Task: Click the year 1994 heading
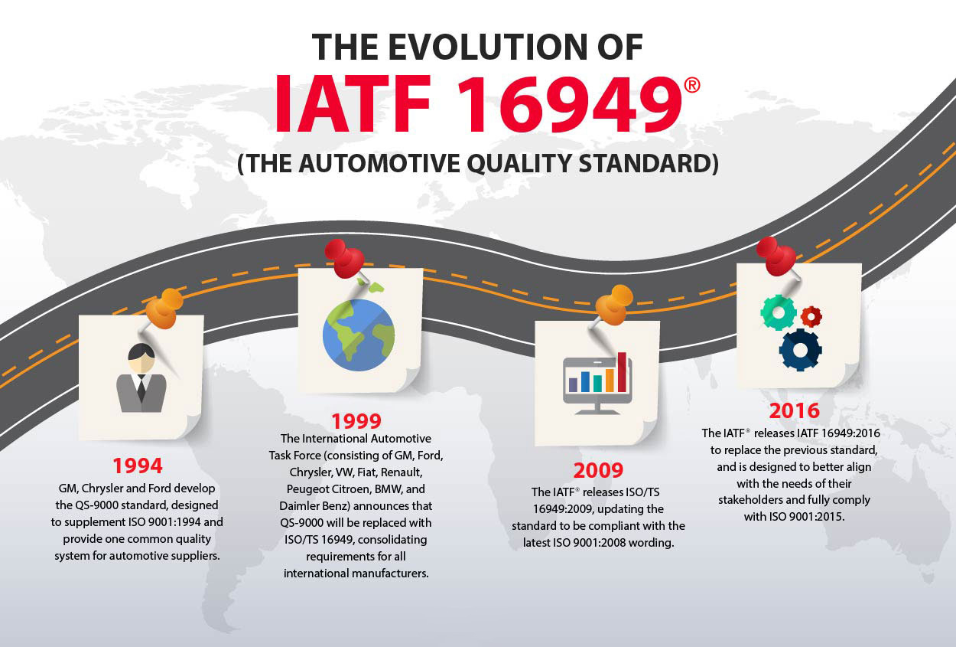pyautogui.click(x=138, y=466)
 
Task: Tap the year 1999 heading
pyautogui.click(x=356, y=421)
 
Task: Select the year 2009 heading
pyautogui.click(x=598, y=470)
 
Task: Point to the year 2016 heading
pyautogui.click(x=795, y=410)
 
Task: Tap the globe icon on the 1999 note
pyautogui.click(x=359, y=334)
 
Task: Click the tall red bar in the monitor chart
pyautogui.click(x=622, y=372)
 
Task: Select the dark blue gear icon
pyautogui.click(x=800, y=350)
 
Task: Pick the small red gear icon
pyautogui.click(x=811, y=317)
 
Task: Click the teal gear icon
pyautogui.click(x=779, y=312)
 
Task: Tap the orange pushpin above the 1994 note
pyautogui.click(x=164, y=309)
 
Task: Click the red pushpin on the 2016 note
pyautogui.click(x=777, y=257)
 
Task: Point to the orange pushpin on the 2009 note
pyautogui.click(x=613, y=306)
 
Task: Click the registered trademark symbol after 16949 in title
pyautogui.click(x=692, y=85)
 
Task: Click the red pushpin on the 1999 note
pyautogui.click(x=345, y=259)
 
